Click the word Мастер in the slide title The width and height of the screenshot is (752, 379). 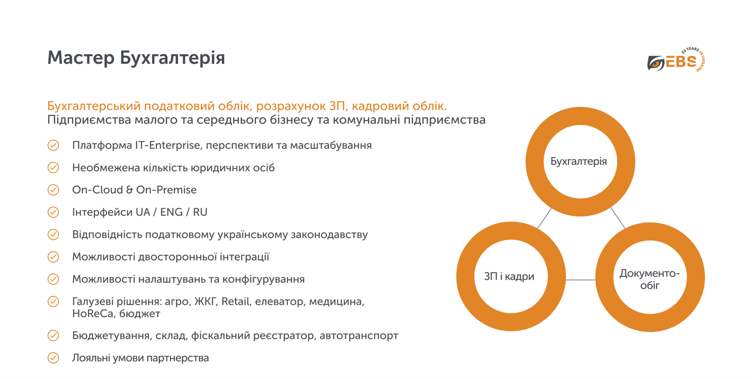(81, 58)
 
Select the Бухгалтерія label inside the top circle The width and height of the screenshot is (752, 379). (578, 161)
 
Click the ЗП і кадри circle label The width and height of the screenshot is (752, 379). (509, 276)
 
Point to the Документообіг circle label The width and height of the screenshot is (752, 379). (649, 279)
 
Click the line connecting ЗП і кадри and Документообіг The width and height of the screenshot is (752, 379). (580, 280)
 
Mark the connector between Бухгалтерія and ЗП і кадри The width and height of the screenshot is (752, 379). (544, 218)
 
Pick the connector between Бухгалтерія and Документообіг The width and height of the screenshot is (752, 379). (618, 218)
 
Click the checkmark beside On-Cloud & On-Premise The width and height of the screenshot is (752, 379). (53, 190)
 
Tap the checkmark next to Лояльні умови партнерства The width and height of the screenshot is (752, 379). (53, 358)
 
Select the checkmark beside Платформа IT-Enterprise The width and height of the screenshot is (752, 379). (53, 145)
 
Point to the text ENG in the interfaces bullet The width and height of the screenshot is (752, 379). (171, 212)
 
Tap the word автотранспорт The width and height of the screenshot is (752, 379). (359, 336)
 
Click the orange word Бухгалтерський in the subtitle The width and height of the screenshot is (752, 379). (94, 106)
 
